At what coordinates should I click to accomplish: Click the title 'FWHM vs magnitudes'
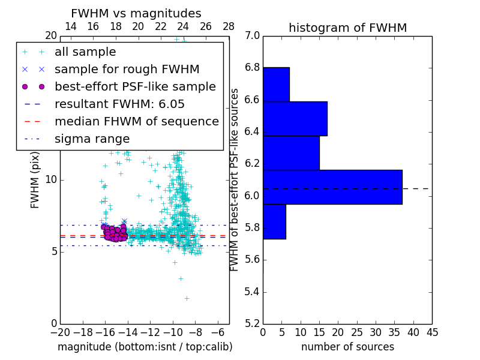136,14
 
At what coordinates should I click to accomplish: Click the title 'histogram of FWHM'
347,28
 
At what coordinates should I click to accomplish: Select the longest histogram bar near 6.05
332,187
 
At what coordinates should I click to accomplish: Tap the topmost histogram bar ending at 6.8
276,84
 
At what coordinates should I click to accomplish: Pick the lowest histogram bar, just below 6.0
274,221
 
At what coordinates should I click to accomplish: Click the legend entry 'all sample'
85,52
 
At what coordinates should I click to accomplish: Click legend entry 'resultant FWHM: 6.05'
119,104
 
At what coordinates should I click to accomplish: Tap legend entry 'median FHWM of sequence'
136,122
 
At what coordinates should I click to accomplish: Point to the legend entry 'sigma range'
92,139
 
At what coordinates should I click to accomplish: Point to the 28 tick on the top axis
229,26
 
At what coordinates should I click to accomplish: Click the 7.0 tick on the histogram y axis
252,36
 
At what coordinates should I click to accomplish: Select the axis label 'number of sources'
347,347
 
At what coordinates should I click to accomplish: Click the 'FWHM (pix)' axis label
35,179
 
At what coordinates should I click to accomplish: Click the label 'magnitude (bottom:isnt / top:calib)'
145,347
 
